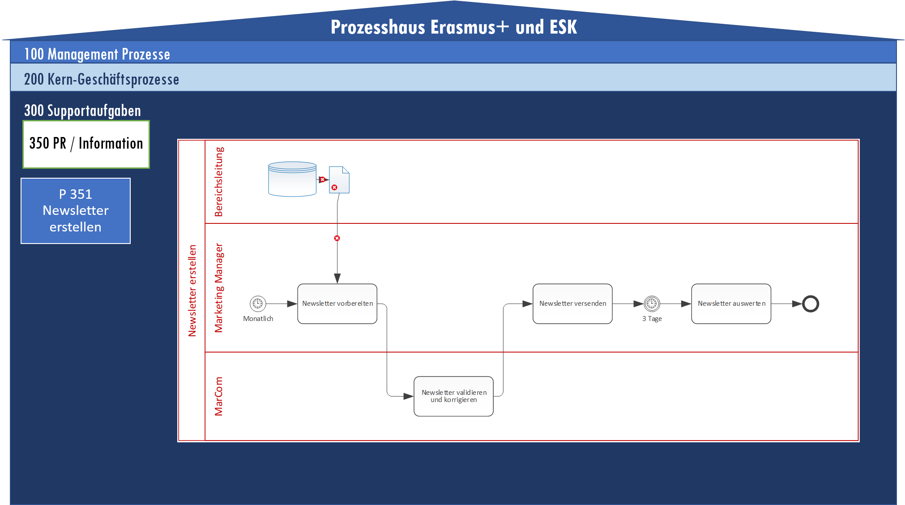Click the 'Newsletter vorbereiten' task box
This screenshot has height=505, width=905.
click(337, 304)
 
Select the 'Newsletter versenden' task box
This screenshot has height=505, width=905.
click(572, 304)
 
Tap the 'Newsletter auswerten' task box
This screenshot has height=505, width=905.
click(731, 304)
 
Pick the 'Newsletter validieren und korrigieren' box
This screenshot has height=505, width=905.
click(453, 396)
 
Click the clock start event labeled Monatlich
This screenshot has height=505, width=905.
click(258, 304)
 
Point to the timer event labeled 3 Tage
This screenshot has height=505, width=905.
click(652, 304)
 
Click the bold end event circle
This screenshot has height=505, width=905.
click(810, 304)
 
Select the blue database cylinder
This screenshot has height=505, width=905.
click(292, 179)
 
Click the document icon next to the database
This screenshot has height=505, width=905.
click(339, 180)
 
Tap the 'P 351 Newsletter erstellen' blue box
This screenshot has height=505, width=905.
click(76, 211)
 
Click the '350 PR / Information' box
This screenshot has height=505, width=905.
click(86, 144)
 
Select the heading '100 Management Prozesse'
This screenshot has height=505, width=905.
click(97, 54)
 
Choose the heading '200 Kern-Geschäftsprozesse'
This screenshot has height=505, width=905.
click(102, 79)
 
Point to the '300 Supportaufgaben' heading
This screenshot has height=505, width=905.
click(82, 111)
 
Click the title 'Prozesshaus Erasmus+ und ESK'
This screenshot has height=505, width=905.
click(453, 27)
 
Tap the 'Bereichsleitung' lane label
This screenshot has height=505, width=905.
click(218, 182)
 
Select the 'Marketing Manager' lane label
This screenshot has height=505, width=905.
click(218, 288)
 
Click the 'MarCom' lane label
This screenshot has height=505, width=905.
click(218, 396)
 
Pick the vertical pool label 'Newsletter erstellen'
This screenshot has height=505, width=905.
click(192, 291)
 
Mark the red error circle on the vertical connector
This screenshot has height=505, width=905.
click(337, 238)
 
